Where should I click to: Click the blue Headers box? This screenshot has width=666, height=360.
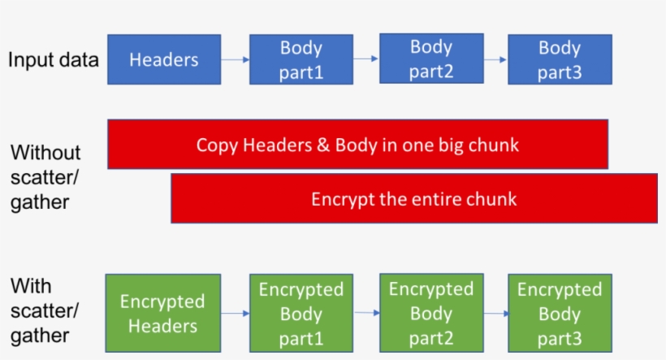pos(164,59)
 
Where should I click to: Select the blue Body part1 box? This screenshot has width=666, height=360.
pos(301,59)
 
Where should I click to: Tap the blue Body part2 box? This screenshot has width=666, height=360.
pos(431,59)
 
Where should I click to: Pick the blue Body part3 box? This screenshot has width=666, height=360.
pos(560,59)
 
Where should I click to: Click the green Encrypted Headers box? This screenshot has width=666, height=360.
pos(163,314)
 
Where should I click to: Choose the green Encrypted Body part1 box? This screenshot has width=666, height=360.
pos(301,314)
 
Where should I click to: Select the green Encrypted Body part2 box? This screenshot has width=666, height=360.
pos(431,313)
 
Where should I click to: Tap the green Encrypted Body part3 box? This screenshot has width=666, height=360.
pos(560,314)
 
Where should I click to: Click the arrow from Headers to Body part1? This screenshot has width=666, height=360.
pos(235,59)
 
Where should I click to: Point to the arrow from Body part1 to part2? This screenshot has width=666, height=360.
pos(366,59)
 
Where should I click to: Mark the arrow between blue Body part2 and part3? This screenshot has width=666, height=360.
pos(495,59)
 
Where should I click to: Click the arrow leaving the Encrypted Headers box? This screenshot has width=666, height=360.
pos(235,314)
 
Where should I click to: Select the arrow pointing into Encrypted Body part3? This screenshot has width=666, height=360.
pos(495,314)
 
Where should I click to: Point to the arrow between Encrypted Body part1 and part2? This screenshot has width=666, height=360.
pos(366,314)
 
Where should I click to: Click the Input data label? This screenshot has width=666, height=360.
pos(54,59)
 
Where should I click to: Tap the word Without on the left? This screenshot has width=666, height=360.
pos(45,153)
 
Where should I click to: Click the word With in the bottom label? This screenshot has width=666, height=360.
pos(31,286)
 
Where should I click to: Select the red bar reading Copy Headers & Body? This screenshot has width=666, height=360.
pos(357,145)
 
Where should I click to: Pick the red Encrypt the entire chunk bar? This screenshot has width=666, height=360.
pos(413,198)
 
